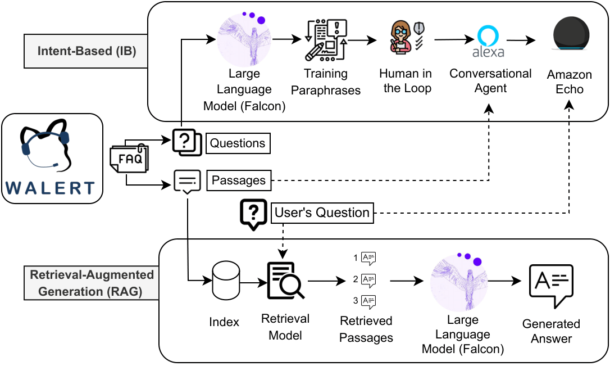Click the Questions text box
tap(238, 143)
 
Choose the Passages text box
tap(238, 180)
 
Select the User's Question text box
tap(322, 213)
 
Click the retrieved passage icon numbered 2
tap(368, 279)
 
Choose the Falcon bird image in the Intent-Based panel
tap(244, 40)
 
